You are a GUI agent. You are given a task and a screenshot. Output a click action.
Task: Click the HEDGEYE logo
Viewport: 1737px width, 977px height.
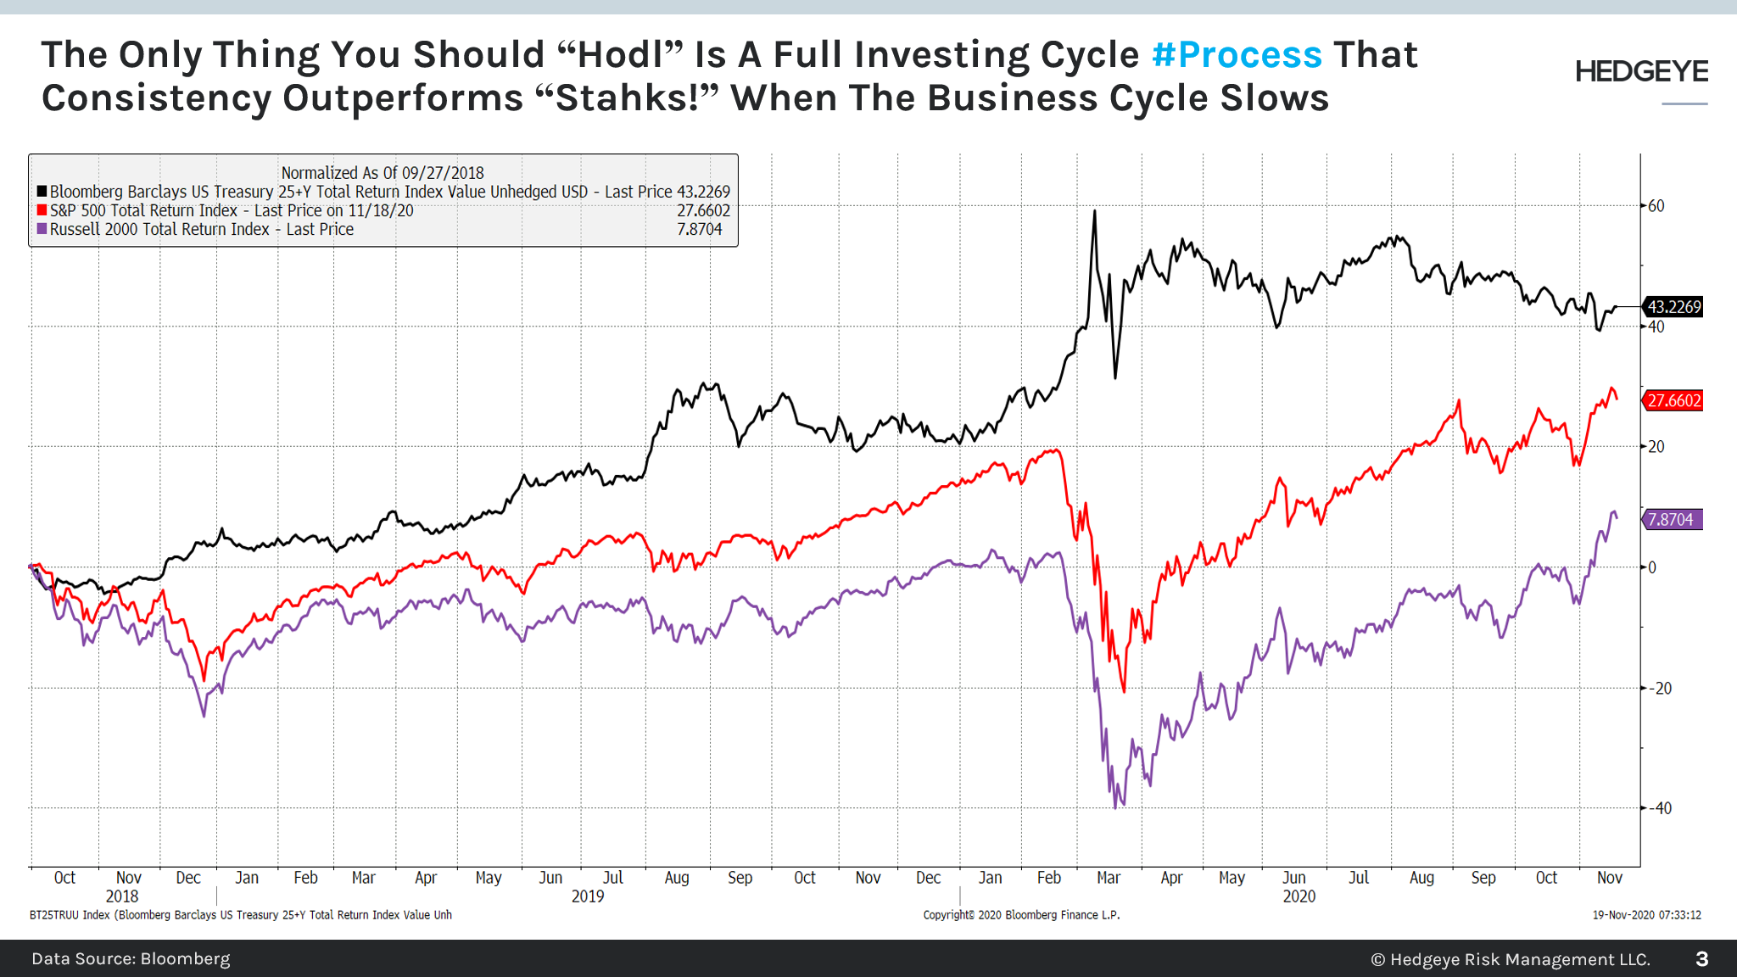1641,72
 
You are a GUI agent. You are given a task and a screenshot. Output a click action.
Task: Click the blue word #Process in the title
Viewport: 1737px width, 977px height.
1237,55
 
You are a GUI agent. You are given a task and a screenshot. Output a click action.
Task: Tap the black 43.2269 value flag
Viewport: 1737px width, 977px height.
1673,307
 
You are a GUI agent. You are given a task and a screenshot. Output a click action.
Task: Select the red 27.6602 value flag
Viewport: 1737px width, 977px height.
1673,400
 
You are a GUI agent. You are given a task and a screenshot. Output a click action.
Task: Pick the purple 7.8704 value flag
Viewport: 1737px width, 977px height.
1673,520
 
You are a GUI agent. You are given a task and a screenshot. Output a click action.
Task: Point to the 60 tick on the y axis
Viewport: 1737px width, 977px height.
1656,206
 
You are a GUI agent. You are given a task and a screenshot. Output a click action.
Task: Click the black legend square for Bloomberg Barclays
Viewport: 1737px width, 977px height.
42,192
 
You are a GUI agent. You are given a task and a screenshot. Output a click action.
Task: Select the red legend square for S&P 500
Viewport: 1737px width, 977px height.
42,210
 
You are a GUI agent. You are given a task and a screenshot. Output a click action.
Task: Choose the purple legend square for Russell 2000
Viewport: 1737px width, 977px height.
42,229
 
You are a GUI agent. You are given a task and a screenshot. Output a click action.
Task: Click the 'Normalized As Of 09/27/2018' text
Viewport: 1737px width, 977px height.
383,173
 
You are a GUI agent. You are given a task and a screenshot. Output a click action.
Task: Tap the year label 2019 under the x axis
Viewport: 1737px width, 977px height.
587,896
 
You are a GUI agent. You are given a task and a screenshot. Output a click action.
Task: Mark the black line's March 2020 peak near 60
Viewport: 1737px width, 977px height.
1094,212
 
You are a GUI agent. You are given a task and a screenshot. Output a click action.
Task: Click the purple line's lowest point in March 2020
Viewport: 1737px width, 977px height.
1115,807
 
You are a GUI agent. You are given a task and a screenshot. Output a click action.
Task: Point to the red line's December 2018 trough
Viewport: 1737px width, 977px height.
204,678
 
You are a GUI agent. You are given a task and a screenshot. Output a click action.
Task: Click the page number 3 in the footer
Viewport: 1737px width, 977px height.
1701,959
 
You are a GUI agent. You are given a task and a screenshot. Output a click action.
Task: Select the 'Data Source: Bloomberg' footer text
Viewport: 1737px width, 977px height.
131,959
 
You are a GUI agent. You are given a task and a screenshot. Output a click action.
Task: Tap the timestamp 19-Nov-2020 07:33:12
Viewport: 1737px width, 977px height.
1646,915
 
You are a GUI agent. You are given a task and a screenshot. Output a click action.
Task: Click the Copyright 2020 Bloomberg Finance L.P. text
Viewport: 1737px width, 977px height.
1021,915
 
